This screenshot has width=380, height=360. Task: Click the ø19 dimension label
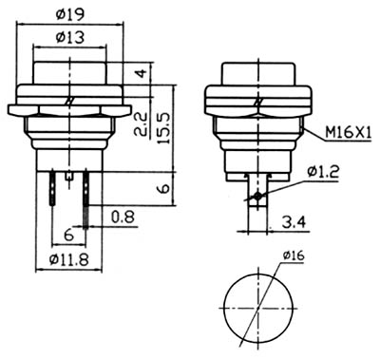coord(70,14)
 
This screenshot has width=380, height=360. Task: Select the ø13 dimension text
coord(70,38)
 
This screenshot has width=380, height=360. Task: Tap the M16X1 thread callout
coord(348,133)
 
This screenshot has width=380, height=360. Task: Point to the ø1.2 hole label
coord(323,171)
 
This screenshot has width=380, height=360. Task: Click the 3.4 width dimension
coord(294,222)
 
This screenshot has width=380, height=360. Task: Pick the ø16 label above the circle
coord(294,256)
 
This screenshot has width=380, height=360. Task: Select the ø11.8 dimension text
coord(69,260)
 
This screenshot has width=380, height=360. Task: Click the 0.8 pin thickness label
coord(123,217)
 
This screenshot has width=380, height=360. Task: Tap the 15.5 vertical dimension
coord(163,128)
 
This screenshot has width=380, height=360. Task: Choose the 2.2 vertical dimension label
coord(142,123)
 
